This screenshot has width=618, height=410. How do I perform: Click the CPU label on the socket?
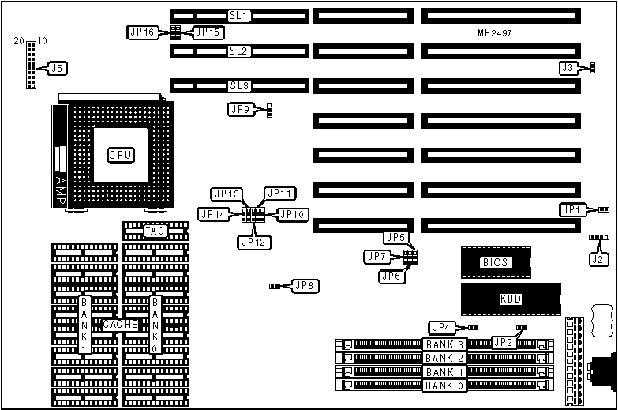click(x=120, y=154)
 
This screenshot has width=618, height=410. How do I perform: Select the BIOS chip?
click(x=495, y=262)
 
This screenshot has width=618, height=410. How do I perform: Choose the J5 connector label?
click(x=56, y=69)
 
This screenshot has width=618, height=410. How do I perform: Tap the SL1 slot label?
click(x=238, y=16)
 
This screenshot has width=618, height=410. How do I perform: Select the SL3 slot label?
click(x=238, y=85)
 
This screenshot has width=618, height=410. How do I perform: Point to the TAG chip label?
click(x=155, y=231)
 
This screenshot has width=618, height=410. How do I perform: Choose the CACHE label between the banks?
click(x=120, y=325)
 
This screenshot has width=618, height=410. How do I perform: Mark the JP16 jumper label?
click(x=142, y=32)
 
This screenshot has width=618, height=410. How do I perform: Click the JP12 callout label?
click(x=252, y=242)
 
